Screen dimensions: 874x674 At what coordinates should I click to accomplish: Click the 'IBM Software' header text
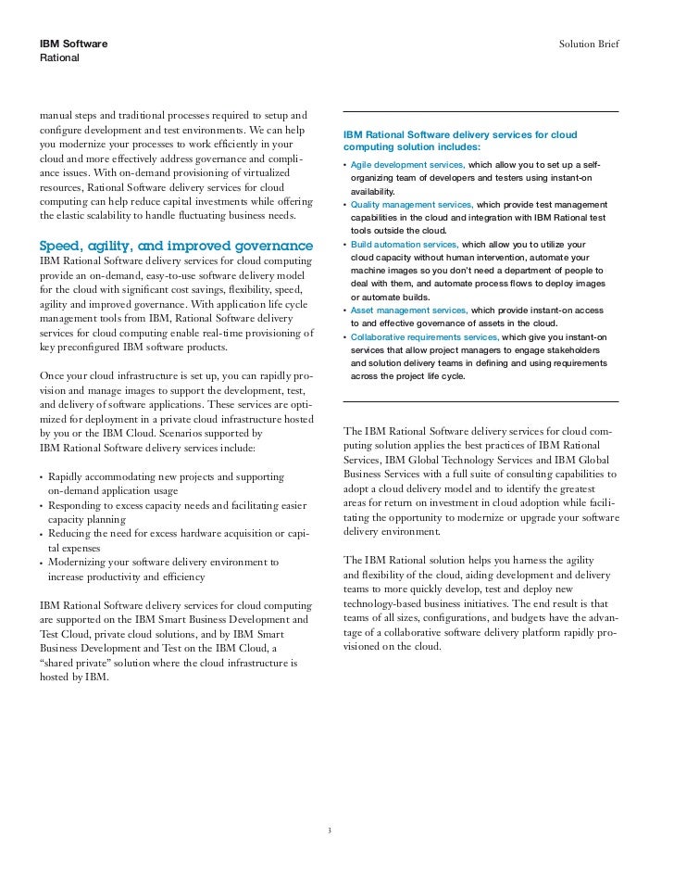pyautogui.click(x=73, y=44)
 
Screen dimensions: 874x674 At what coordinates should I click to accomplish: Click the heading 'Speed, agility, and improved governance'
pyautogui.click(x=176, y=247)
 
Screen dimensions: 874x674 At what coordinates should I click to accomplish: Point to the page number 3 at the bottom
pyautogui.click(x=329, y=830)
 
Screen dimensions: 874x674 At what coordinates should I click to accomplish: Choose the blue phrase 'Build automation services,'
pyautogui.click(x=405, y=244)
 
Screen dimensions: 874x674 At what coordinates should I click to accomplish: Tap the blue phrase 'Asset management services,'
pyautogui.click(x=408, y=310)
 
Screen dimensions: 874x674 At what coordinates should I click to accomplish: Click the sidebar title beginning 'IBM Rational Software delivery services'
pyautogui.click(x=459, y=141)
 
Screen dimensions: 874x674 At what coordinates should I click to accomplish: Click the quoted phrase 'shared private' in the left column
pyautogui.click(x=74, y=663)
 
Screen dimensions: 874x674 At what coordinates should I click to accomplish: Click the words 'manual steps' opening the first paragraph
pyautogui.click(x=68, y=114)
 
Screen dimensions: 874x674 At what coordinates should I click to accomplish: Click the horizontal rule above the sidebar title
pyautogui.click(x=480, y=112)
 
